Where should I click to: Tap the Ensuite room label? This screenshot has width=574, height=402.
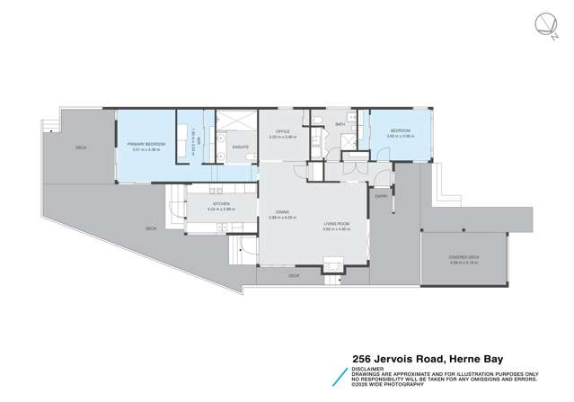click(x=240, y=147)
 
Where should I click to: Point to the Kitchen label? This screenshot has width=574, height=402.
click(x=221, y=204)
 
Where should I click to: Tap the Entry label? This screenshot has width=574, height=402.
click(x=381, y=195)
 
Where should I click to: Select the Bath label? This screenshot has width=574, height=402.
click(x=340, y=124)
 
